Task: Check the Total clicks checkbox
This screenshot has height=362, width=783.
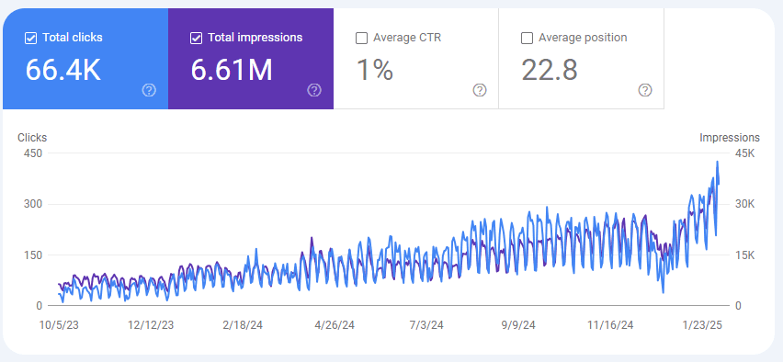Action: (x=30, y=38)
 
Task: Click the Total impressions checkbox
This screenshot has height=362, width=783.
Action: (x=196, y=38)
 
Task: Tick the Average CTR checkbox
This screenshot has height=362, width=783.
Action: (x=361, y=38)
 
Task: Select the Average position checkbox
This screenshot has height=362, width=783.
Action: (x=527, y=38)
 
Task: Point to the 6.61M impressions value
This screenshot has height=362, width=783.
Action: (x=232, y=70)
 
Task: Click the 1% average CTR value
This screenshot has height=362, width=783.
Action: (x=374, y=70)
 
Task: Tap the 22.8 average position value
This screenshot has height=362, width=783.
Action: (x=549, y=70)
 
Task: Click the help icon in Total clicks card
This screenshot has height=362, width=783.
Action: (x=149, y=90)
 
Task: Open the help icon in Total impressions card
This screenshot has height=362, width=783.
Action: (x=314, y=90)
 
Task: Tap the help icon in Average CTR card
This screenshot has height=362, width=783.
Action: (x=480, y=90)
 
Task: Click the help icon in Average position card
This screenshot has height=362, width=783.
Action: (x=645, y=90)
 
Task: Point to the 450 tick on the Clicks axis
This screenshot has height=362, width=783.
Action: (x=33, y=153)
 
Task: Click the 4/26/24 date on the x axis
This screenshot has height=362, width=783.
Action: (x=334, y=325)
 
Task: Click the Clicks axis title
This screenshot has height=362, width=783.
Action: (x=32, y=138)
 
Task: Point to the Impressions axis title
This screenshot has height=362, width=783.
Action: (x=730, y=138)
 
